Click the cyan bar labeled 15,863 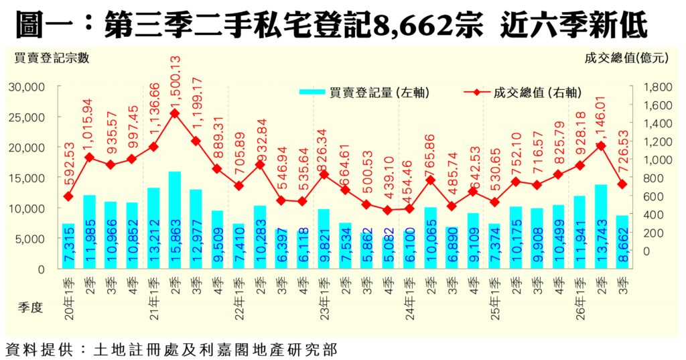tap(175, 220)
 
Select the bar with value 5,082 tap(388, 253)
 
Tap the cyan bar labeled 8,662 tap(622, 242)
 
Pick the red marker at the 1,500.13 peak tap(175, 113)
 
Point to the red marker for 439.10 tap(388, 211)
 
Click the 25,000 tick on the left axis tap(27, 117)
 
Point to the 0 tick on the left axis tap(41, 269)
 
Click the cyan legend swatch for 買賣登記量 tap(312, 93)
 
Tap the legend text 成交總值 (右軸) tap(538, 93)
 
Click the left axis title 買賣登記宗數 tap(52, 58)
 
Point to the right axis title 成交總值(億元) tap(626, 58)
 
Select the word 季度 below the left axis tap(30, 307)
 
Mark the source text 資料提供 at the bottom tap(38, 350)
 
